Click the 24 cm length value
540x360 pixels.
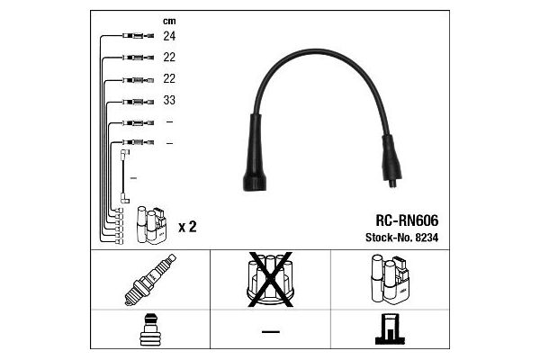[169, 36]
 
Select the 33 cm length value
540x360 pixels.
[169, 100]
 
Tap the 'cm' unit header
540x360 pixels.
[169, 22]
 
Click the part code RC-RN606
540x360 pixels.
[407, 220]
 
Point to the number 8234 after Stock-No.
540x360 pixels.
[427, 238]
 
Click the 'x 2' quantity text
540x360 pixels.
[187, 227]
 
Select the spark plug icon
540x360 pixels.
[150, 280]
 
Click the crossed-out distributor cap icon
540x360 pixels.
[270, 279]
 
